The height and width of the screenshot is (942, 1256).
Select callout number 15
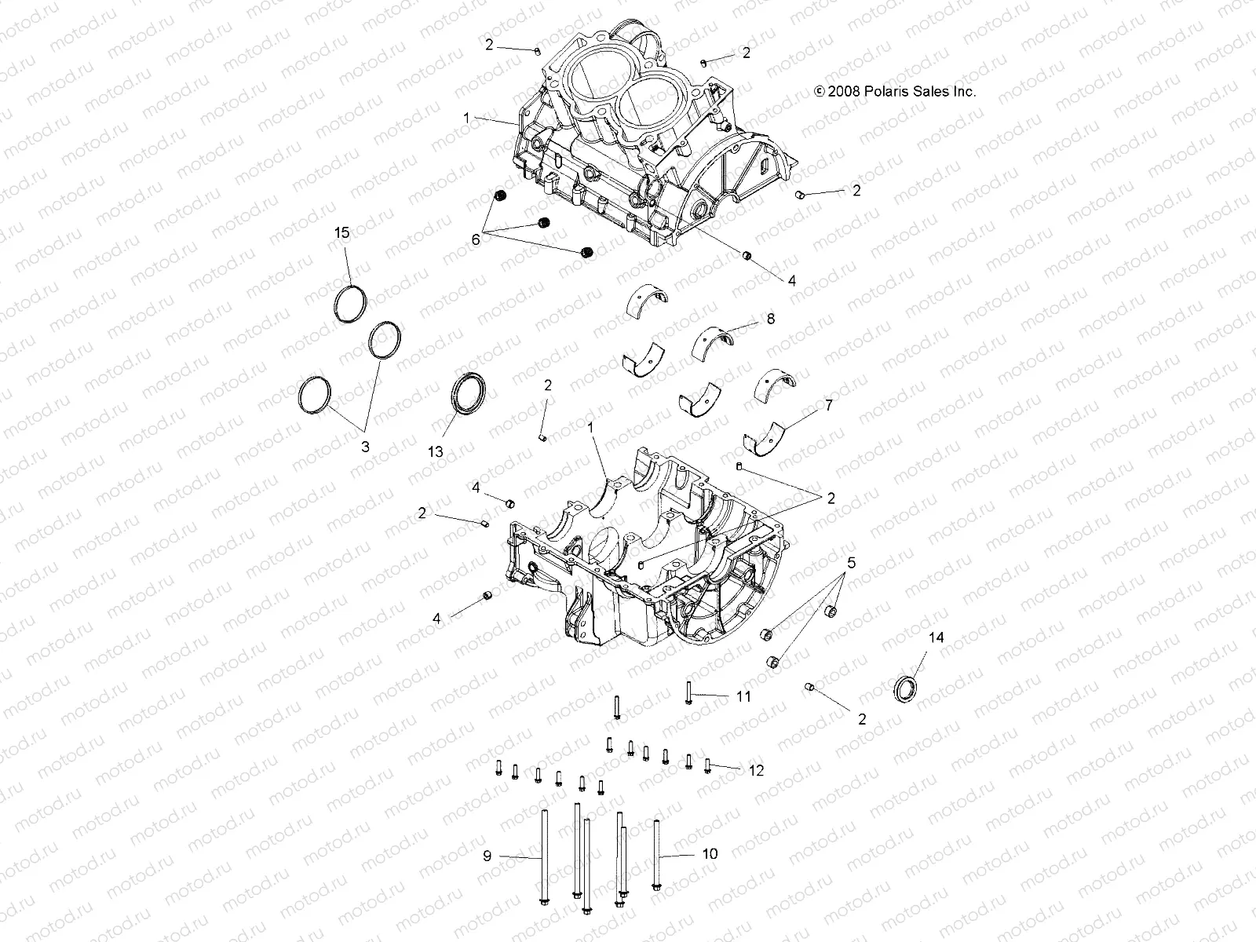[x=341, y=232]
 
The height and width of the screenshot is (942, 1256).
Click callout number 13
[x=436, y=451]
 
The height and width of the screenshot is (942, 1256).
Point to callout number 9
[x=487, y=856]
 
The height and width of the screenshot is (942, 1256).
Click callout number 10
[x=710, y=854]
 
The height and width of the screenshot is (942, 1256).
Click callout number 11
[x=743, y=696]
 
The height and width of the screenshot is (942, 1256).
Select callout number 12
[x=755, y=771]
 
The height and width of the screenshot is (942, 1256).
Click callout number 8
[x=770, y=318]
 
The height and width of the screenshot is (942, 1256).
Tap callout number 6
[x=476, y=240]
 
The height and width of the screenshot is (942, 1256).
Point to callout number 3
[x=364, y=445]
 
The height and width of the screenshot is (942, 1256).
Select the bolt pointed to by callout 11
[x=688, y=692]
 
